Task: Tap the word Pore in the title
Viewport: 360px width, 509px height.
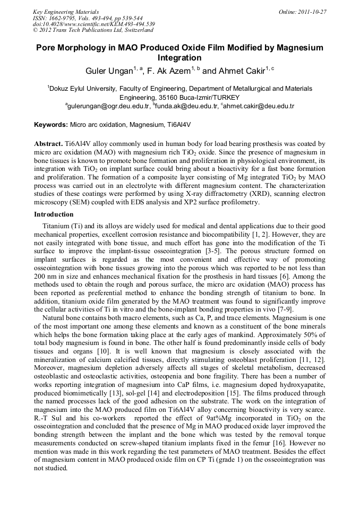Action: (x=47, y=48)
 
